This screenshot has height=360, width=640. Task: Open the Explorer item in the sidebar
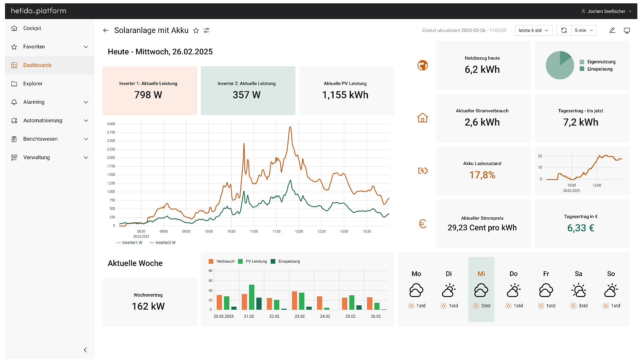point(33,84)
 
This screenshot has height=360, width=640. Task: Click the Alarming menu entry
point(34,102)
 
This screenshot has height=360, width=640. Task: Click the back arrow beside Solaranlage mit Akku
point(106,30)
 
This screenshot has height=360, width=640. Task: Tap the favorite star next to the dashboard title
point(196,31)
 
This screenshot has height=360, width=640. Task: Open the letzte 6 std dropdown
point(533,30)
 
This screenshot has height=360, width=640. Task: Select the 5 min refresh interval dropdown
point(584,30)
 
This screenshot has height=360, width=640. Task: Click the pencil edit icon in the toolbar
point(612,30)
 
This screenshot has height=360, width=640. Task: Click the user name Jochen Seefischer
point(606,11)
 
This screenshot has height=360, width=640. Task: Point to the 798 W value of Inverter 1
point(148,95)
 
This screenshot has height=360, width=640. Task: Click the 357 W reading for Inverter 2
point(246,95)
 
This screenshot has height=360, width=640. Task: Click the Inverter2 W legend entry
point(165,243)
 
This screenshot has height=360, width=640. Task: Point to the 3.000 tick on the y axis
point(111,124)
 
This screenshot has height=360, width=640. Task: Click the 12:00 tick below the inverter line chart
point(299,231)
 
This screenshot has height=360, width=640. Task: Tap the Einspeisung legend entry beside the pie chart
point(599,69)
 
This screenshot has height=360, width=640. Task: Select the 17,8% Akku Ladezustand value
point(482,175)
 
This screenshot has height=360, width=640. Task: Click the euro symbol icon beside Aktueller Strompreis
point(423,224)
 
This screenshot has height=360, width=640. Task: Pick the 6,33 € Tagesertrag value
point(580,228)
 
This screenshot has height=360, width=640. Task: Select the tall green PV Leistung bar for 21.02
point(252,297)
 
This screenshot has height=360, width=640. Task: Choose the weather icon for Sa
point(578,290)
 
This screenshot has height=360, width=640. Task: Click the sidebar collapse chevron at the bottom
point(85,350)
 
